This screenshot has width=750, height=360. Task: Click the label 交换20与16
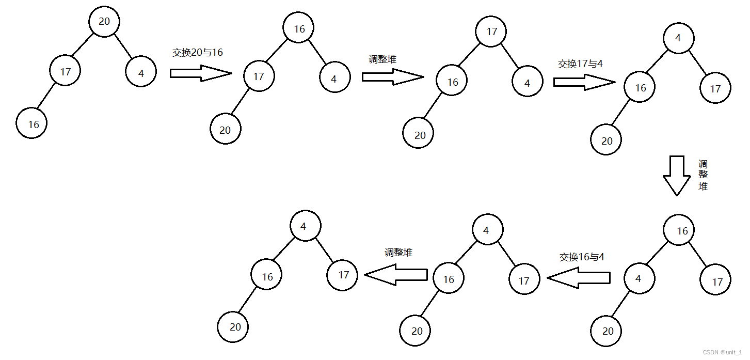(x=198, y=53)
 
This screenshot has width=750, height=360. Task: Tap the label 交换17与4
(x=581, y=64)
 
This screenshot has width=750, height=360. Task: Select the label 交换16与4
(x=582, y=257)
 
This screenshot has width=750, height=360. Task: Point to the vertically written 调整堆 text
(x=703, y=176)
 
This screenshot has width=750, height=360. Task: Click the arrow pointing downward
(x=676, y=176)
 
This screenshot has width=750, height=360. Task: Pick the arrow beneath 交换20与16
(x=201, y=73)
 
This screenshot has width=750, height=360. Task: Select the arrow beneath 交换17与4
(x=584, y=82)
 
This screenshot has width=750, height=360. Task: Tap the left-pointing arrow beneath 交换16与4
(x=579, y=278)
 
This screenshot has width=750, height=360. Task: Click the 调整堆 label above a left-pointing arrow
(x=398, y=253)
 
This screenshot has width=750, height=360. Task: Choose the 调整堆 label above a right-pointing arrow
(x=382, y=59)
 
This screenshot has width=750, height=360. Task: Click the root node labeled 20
(x=104, y=22)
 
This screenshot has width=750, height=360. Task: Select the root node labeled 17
(x=492, y=32)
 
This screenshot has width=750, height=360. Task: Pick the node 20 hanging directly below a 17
(x=225, y=130)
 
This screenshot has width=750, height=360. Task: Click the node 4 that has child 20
(x=639, y=279)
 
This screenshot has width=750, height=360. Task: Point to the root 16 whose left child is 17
(x=299, y=29)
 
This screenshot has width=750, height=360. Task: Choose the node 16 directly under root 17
(x=452, y=82)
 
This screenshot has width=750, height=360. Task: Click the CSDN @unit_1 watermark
(x=725, y=352)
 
